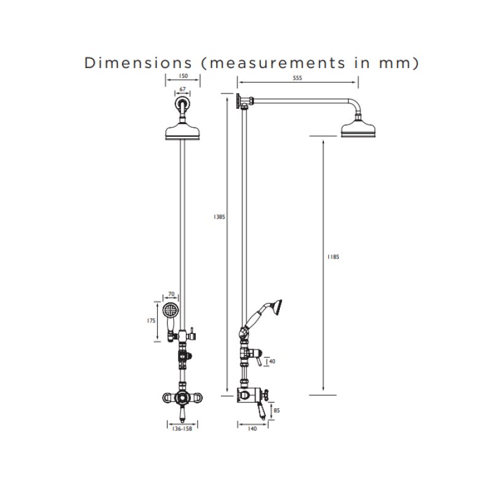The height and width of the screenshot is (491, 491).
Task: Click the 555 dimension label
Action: click(298, 78)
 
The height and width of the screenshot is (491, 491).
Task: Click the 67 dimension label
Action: click(182, 90)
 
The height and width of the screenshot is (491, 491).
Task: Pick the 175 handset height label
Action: click(151, 320)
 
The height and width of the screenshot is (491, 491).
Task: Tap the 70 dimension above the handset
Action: click(171, 295)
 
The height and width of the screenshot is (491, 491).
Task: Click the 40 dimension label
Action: click(273, 361)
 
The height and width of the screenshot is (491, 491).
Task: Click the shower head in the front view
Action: click(182, 131)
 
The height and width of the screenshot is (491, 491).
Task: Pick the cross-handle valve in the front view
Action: click(182, 398)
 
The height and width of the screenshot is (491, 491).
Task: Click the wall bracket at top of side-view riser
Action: click(239, 100)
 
